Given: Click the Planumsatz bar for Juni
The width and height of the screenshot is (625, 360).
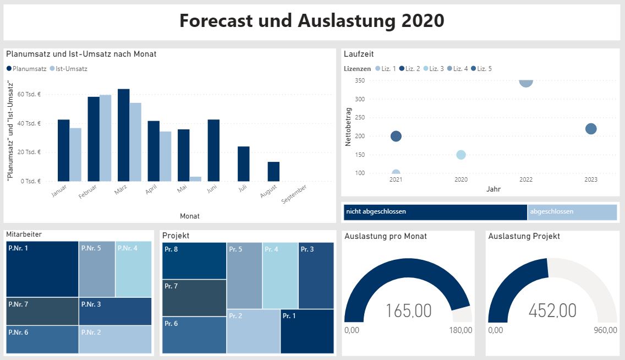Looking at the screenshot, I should coord(213,150).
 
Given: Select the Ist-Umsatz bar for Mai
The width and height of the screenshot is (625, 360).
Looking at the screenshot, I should coord(195,179).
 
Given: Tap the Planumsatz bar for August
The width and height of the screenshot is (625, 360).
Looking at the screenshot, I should coord(273,171).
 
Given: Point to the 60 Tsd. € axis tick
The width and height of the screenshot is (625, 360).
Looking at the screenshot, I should coord(29,95).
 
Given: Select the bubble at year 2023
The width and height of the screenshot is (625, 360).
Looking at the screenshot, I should coord(591,129).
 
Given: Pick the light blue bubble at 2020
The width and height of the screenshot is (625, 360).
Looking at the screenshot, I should coord(461,155).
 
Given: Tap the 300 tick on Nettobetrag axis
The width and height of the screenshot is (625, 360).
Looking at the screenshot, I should coord(360,99).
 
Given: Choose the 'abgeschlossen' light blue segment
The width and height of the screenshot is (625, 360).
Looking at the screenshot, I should coord(572,212).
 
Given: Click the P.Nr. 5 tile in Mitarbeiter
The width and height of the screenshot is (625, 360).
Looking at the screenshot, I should coord(97,269).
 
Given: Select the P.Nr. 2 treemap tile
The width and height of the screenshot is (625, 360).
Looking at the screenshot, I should coord(114,339).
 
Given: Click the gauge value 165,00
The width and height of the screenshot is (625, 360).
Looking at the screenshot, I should coord(408,311).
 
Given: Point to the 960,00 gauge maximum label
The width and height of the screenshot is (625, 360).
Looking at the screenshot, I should coord(605,330).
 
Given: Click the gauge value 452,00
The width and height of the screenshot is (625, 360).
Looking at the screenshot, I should coord(552,311).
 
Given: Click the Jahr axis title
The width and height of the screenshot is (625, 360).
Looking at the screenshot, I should coord(494,189).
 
